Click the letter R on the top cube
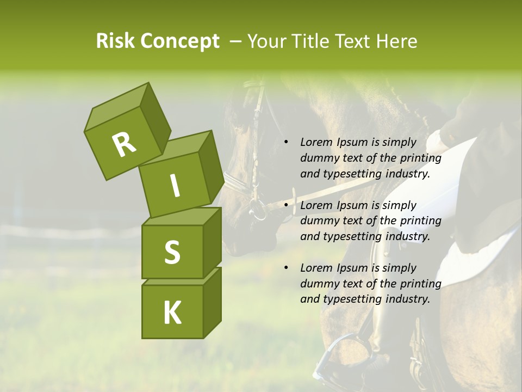point(124,144)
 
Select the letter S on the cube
point(172,252)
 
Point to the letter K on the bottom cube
point(172,313)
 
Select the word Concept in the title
point(179,41)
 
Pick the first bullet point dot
point(285,143)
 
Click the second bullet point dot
point(285,206)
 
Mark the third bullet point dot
point(285,268)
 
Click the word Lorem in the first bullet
point(316,143)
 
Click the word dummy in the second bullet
point(318,221)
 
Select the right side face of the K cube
point(212,302)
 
